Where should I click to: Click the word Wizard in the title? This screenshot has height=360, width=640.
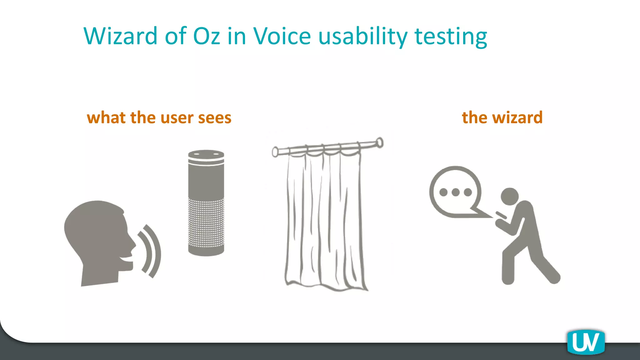tap(120, 36)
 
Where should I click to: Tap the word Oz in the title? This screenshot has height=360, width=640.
tap(207, 36)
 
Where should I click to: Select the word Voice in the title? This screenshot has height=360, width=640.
tap(282, 36)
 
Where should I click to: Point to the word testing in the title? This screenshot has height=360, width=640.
tap(451, 37)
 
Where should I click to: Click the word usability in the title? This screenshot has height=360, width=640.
tap(363, 37)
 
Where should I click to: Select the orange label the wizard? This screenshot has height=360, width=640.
tap(502, 118)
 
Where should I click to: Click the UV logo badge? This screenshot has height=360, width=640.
tap(586, 342)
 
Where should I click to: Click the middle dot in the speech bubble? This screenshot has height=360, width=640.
tap(455, 192)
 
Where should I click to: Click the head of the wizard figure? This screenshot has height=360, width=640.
tap(509, 196)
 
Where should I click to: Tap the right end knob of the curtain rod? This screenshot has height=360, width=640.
tap(379, 143)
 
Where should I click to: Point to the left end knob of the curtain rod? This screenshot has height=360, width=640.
tap(275, 152)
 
